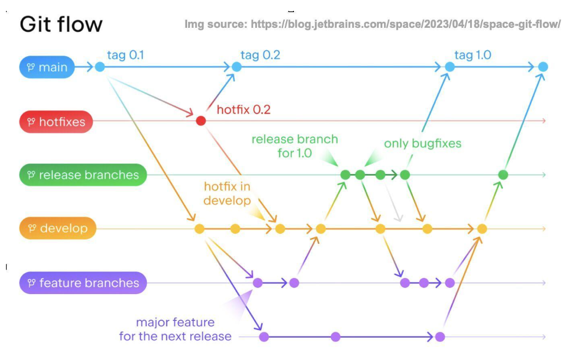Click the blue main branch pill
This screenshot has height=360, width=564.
pos(47,67)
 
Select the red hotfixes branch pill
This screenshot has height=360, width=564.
pos(56,122)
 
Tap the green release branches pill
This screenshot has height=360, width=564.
pos(83,175)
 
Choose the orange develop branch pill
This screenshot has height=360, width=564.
pos(58,228)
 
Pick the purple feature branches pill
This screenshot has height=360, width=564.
pos(83,283)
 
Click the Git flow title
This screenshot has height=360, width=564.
pos(61,24)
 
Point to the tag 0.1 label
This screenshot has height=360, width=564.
pos(126,55)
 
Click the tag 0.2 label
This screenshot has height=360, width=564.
pos(260,55)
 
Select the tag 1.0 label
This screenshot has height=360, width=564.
pos(472,55)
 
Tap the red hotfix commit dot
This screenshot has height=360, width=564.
pos(201,121)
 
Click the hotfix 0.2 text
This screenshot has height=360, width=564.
pos(243,110)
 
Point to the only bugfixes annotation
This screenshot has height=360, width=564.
pos(422,143)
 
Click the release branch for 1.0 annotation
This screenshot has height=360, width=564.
pos(295,146)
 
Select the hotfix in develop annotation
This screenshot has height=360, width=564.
pos(227,193)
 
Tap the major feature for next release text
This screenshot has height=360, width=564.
pos(175,329)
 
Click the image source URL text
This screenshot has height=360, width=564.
pos(372,25)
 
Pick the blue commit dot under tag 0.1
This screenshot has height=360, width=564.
pos(99,67)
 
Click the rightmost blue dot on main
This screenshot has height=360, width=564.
pos(543,67)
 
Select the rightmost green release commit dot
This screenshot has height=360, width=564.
pos(503,175)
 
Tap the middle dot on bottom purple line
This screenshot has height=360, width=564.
pos(335,337)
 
